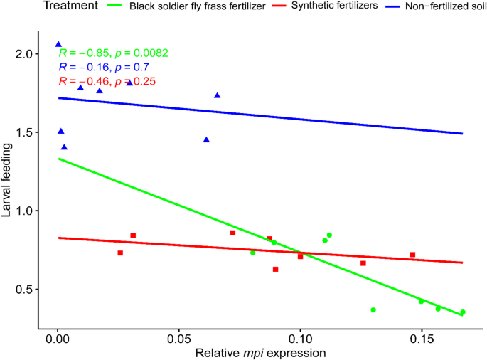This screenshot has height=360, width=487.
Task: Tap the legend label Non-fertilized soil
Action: (441, 7)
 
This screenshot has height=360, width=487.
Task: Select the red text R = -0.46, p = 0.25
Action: (107, 82)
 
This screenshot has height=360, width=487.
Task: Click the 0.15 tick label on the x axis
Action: (422, 335)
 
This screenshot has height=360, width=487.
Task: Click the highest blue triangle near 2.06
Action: (58, 44)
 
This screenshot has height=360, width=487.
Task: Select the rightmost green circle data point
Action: (463, 312)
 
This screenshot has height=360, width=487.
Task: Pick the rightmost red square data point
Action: (412, 255)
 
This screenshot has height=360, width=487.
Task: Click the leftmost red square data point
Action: (120, 253)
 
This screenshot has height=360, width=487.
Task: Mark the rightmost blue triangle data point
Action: (217, 95)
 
